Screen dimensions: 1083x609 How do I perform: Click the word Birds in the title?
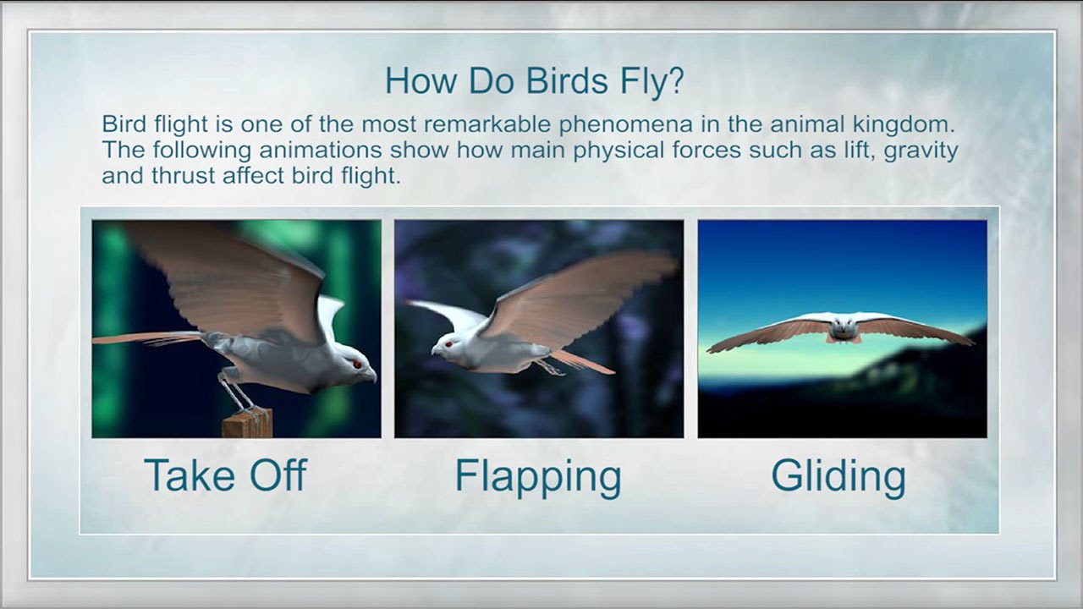pyautogui.click(x=567, y=80)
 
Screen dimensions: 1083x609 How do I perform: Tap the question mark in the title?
pyautogui.click(x=676, y=80)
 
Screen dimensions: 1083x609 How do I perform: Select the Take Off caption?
pyautogui.click(x=226, y=475)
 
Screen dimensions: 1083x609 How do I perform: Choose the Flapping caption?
pyautogui.click(x=538, y=478)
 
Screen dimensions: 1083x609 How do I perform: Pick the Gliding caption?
pyautogui.click(x=838, y=478)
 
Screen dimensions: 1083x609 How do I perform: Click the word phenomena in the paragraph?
pyautogui.click(x=626, y=125)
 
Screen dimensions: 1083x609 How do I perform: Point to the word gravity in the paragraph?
pyautogui.click(x=921, y=151)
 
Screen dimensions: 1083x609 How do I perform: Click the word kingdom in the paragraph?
pyautogui.click(x=904, y=125)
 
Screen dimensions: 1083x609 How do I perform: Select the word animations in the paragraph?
pyautogui.click(x=321, y=151)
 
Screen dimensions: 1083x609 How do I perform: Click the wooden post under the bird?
pyautogui.click(x=248, y=422)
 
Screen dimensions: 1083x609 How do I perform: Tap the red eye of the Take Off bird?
pyautogui.click(x=357, y=365)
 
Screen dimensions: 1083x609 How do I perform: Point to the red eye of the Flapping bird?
pyautogui.click(x=448, y=344)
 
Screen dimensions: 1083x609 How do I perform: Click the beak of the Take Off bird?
pyautogui.click(x=371, y=376)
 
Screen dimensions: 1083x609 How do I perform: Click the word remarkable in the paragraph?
pyautogui.click(x=487, y=124)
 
